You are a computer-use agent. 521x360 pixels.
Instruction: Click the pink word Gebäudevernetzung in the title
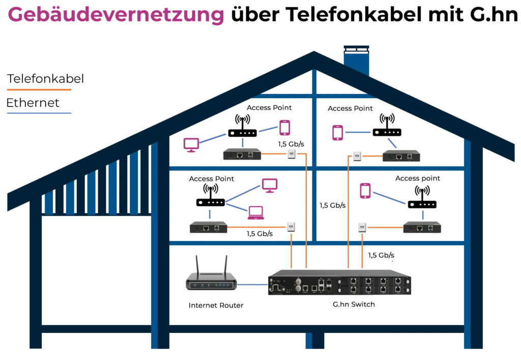116,15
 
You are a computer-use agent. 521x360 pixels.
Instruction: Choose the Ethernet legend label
33,103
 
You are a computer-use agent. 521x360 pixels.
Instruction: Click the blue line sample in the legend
39,112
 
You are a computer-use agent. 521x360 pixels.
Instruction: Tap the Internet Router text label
216,306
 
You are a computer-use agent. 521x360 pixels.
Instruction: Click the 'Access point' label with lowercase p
417,178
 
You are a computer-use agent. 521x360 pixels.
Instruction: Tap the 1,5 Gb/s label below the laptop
258,234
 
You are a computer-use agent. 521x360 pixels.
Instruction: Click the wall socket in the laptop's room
291,226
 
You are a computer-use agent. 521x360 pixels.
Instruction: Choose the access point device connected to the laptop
210,202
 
